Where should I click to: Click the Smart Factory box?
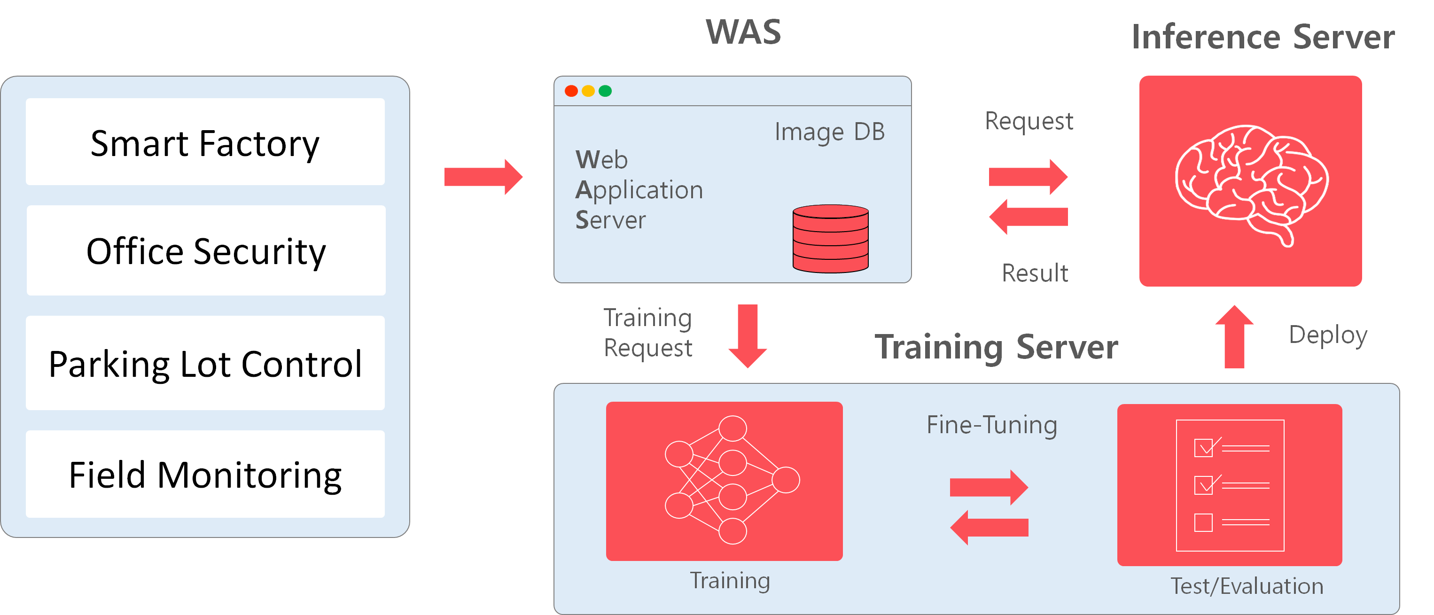tap(205, 141)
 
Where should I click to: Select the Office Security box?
tap(205, 250)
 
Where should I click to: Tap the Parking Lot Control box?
tap(205, 363)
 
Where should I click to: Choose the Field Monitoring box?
tap(205, 474)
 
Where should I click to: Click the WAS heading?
tap(743, 32)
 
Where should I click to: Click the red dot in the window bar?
tap(571, 91)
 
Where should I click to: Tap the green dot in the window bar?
tap(605, 91)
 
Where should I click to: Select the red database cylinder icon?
tap(831, 239)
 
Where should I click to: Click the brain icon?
tap(1251, 184)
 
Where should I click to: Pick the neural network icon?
tap(732, 480)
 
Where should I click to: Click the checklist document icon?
tap(1230, 485)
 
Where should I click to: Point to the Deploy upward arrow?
tap(1234, 336)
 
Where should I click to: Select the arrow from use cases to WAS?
tap(483, 177)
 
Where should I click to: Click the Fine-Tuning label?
tap(991, 425)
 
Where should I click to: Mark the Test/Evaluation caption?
tap(1247, 586)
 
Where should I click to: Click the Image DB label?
tap(829, 132)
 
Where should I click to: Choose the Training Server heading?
tap(997, 347)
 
